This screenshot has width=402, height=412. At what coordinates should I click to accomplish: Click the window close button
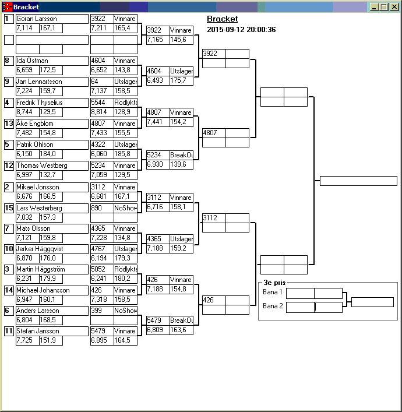point(394,7)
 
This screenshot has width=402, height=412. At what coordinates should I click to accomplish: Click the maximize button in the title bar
point(384,7)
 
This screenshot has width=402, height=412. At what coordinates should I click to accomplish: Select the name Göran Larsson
point(37,19)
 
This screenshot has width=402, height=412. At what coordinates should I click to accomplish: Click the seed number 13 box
point(9,124)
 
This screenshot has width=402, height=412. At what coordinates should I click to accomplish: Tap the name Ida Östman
point(32,61)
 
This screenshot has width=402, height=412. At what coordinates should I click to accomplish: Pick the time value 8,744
point(24,112)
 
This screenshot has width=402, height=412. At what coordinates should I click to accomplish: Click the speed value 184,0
point(48,154)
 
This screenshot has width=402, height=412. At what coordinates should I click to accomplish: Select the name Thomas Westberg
point(42,165)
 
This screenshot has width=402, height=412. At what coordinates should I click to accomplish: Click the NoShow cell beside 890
point(126,208)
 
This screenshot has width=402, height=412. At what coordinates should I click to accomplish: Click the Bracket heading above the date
point(223,19)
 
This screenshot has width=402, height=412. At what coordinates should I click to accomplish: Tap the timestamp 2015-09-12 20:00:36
point(241,29)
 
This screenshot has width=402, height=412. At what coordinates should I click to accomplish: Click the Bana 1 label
point(273,292)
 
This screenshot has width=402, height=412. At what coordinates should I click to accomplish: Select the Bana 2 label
point(273,306)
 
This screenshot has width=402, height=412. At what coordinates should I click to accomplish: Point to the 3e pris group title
point(274,283)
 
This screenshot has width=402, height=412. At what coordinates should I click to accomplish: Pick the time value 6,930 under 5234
point(155,164)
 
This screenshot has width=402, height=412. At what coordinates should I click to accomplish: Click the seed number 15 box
point(9,208)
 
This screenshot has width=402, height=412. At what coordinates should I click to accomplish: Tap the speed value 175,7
point(178,80)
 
